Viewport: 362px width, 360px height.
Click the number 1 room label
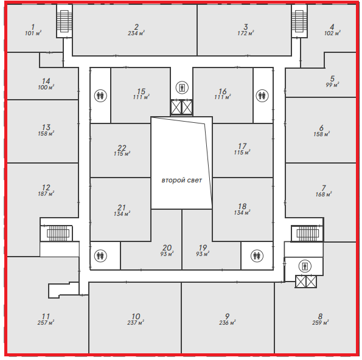click(33, 27)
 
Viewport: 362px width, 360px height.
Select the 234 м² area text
click(136, 33)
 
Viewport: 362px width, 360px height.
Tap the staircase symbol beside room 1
click(64, 21)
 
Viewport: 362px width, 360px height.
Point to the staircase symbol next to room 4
click(299, 21)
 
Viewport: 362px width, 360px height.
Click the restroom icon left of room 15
click(100, 95)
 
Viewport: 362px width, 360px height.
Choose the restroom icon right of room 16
click(262, 95)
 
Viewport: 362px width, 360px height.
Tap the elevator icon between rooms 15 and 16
click(182, 88)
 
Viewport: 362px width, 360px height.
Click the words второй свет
click(182, 180)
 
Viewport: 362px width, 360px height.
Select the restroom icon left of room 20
click(100, 255)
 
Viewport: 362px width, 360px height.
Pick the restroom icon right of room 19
click(257, 255)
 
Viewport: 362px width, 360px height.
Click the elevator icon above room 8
click(305, 266)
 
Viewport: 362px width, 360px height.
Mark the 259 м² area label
click(320, 323)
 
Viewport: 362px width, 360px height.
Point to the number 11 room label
click(46, 316)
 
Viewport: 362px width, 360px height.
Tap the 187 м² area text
click(46, 194)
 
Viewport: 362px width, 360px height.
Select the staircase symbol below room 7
click(308, 234)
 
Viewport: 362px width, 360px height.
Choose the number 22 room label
click(122, 148)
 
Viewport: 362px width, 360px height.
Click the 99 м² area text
click(332, 85)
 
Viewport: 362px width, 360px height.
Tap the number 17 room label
click(242, 146)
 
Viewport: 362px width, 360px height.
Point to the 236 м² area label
click(228, 323)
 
